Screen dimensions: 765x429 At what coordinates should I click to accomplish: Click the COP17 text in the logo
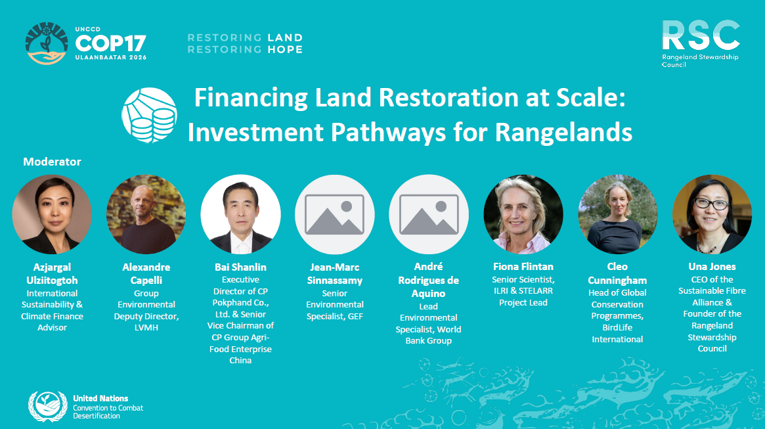tap(111, 43)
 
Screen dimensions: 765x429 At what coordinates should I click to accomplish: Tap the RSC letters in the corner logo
tap(701, 35)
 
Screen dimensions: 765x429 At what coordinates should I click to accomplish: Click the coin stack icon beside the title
tap(149, 115)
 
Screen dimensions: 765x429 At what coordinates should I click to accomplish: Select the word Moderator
tap(52, 162)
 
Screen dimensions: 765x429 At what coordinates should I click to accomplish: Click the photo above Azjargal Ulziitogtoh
tap(52, 214)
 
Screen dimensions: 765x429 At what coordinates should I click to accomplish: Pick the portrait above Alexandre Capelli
tap(146, 214)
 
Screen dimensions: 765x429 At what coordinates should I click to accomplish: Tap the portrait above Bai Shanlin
tap(240, 214)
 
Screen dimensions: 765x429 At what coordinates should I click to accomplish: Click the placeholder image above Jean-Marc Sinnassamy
tap(335, 214)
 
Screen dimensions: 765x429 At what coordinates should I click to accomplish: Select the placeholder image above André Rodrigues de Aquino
tap(429, 214)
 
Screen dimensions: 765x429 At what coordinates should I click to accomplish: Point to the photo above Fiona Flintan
tap(523, 214)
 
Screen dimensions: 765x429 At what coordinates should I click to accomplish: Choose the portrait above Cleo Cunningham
tap(618, 214)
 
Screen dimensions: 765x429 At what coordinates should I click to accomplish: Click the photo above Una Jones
tap(712, 214)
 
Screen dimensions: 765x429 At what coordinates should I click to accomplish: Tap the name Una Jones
tap(712, 267)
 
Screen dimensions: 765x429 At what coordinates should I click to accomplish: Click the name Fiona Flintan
tap(523, 267)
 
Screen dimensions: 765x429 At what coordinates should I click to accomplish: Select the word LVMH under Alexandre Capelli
tap(146, 327)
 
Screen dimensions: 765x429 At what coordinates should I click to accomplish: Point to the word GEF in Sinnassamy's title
tap(355, 316)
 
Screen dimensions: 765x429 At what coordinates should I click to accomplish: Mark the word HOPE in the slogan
tap(285, 49)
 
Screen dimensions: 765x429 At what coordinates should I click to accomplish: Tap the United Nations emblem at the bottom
tap(48, 406)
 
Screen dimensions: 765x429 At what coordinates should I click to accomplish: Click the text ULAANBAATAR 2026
tap(111, 58)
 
